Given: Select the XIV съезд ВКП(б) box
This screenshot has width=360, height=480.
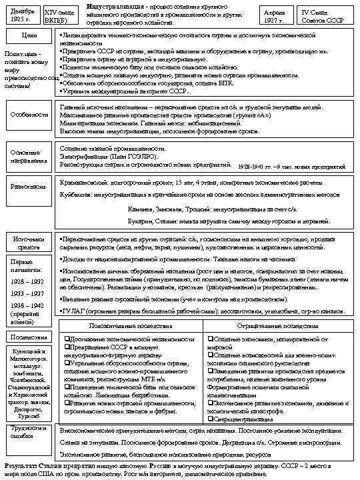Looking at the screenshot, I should pyautogui.click(x=58, y=15).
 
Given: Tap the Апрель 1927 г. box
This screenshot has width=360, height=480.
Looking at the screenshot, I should pyautogui.click(x=274, y=15).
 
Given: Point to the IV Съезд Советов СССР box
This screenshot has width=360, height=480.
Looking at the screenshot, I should pyautogui.click(x=321, y=15).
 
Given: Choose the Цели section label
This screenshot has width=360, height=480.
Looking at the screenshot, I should pyautogui.click(x=29, y=35).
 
